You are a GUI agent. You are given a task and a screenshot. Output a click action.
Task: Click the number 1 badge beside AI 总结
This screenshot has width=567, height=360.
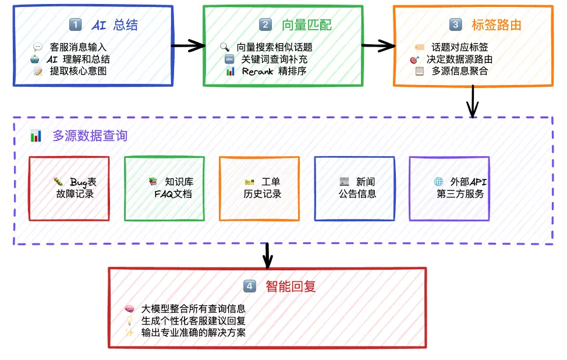75,24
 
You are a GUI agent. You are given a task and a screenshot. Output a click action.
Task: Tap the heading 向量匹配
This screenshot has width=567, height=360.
307,25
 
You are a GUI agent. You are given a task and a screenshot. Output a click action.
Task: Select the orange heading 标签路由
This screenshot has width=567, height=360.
496,25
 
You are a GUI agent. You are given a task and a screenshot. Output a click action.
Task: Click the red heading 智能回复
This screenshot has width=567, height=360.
290,287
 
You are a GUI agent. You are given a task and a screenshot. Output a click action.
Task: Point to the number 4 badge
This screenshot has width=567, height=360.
250,286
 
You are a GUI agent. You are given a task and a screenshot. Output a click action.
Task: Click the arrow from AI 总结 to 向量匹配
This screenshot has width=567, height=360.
188,45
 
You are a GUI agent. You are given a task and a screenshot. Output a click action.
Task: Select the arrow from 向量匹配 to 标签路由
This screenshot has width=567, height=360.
378,45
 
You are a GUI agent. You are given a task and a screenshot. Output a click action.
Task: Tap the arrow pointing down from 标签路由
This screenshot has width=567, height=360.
473,102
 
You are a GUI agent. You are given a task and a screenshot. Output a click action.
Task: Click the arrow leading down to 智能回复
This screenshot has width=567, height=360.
267,256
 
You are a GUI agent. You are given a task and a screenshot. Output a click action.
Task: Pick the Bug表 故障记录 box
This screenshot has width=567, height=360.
69,189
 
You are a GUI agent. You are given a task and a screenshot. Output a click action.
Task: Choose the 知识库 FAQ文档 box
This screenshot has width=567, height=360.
165,189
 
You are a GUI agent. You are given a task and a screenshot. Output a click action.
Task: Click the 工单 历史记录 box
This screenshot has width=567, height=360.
259,189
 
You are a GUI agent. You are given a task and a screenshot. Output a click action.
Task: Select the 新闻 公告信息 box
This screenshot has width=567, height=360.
355,189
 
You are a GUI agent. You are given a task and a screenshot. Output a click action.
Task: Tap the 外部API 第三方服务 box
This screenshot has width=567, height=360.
449,189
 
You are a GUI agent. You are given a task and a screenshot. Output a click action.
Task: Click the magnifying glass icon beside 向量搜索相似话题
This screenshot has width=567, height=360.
225,47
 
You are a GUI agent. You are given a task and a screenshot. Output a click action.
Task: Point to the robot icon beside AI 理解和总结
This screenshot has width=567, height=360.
35,59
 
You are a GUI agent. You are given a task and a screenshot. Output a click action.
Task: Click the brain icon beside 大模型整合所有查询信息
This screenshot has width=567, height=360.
129,309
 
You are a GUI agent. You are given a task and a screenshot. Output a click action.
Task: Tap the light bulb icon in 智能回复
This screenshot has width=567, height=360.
129,320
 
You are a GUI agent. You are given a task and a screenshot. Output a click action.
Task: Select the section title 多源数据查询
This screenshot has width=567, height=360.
90,136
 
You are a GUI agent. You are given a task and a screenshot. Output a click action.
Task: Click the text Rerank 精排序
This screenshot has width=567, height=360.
274,71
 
